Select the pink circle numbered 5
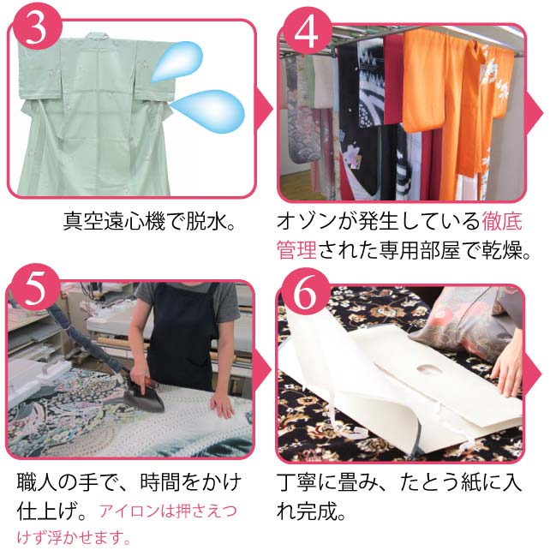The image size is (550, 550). click(x=34, y=289)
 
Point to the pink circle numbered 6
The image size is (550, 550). click(x=305, y=292)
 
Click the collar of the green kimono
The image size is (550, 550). click(x=98, y=37)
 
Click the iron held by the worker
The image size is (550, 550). click(x=145, y=395)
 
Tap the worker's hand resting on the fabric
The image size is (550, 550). click(x=222, y=403)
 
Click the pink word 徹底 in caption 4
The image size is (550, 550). click(x=502, y=221)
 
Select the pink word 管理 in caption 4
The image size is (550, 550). click(x=296, y=250)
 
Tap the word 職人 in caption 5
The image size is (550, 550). click(x=37, y=482)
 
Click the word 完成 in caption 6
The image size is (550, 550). click(x=317, y=511)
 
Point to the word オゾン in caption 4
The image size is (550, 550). click(x=307, y=221)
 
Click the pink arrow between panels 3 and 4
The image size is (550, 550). click(x=265, y=110)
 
